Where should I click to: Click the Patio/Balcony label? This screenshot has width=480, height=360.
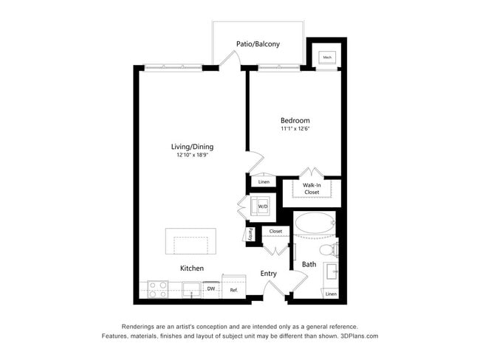coord(258,44)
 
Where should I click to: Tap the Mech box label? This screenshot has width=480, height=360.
coord(327,57)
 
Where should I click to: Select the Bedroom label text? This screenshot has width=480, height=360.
coord(295,120)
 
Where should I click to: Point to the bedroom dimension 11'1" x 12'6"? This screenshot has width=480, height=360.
coord(295,129)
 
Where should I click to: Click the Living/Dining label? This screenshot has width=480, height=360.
coord(192,147)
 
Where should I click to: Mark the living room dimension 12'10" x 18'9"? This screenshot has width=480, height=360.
coord(192,156)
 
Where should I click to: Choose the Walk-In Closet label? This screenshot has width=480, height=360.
coord(312,189)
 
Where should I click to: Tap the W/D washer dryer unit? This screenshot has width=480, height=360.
coord(261,207)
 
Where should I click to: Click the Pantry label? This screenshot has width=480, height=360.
coord(250,234)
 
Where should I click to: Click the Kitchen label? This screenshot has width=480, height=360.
coord(192,269)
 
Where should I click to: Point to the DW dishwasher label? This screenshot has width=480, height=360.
coord(210,289)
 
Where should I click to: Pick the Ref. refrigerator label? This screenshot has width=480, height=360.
coord(233,290)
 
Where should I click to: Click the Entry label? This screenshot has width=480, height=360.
coord(268,274)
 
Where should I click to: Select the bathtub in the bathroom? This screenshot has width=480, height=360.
coord(315,225)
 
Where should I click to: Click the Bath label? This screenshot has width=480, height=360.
coord(309,263)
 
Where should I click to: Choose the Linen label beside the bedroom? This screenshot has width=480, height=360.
coord(264,181)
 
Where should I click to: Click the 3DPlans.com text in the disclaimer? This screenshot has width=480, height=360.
coord(359,336)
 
